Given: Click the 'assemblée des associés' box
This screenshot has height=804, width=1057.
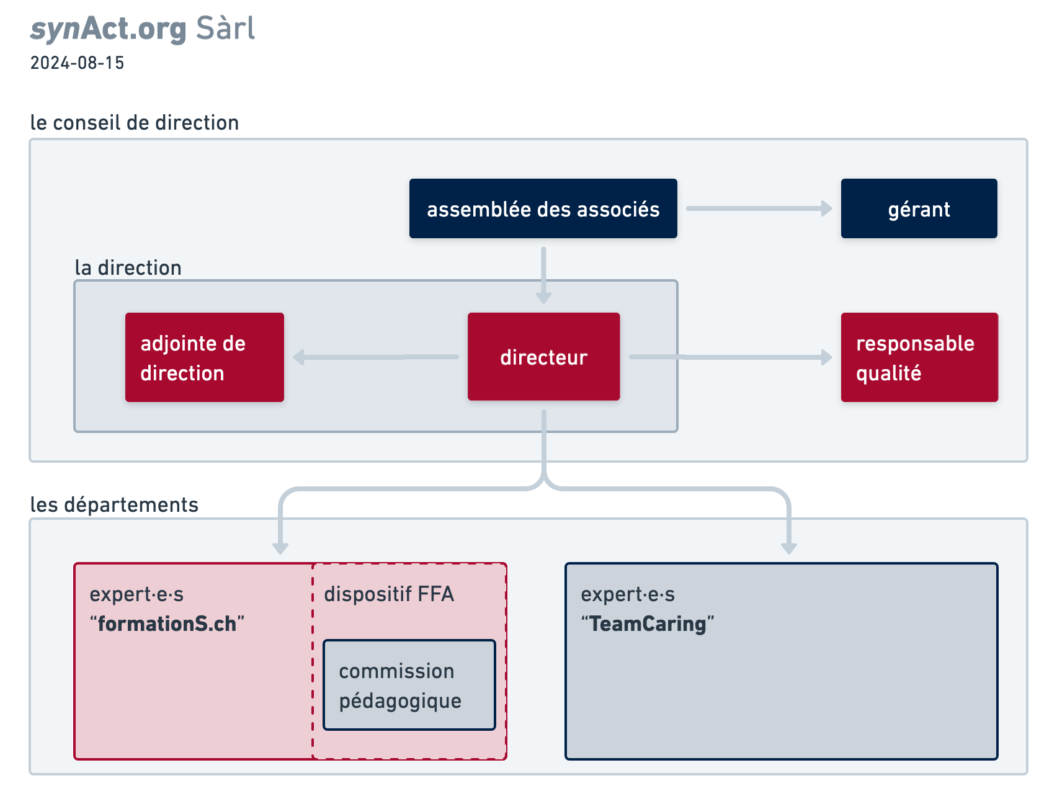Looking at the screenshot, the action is tap(543, 208).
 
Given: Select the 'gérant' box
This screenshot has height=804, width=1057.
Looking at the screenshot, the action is tap(919, 208).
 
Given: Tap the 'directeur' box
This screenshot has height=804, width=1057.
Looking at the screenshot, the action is tap(543, 357).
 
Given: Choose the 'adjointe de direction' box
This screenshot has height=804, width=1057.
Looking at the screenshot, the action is tap(205, 357).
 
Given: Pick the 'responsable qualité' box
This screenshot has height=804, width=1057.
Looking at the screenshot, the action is tap(919, 357).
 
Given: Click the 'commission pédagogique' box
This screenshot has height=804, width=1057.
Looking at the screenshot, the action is tap(409, 685).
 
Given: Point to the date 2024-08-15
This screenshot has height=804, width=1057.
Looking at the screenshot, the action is tap(78, 63).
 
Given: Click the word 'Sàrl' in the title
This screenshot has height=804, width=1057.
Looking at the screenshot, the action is tap(225, 29).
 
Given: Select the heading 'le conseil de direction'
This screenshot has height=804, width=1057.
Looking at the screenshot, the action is tap(135, 122).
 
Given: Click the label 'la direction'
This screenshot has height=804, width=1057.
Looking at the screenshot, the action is tap(128, 267).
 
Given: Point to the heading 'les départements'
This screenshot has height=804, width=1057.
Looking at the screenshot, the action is tap(114, 504).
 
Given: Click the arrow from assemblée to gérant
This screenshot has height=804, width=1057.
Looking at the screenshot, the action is tap(759, 208).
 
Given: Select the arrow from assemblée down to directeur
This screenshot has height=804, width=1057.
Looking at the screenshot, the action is tap(543, 275).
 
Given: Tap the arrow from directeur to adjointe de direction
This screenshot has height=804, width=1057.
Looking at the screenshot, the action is tap(376, 357).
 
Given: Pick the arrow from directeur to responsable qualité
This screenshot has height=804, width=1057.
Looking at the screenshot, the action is tap(731, 357).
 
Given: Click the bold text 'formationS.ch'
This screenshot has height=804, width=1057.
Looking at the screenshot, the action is tap(167, 623).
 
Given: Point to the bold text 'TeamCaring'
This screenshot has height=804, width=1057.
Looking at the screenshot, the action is tap(648, 623).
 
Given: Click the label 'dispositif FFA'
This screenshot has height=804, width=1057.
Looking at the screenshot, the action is tap(389, 594).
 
